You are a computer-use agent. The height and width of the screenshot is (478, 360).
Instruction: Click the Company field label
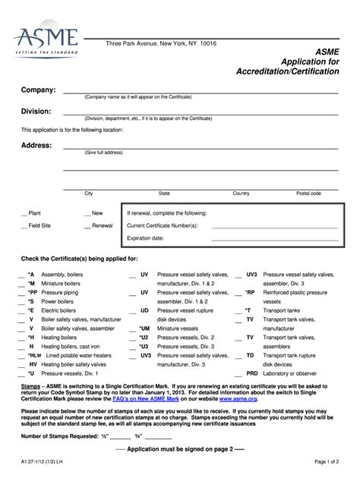[38, 90]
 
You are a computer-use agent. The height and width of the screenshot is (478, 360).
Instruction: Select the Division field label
[36, 112]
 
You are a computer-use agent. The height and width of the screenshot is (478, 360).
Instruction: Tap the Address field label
[36, 145]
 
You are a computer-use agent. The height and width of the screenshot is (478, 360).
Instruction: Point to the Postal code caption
[308, 193]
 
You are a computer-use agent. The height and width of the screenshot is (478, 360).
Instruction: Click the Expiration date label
[145, 237]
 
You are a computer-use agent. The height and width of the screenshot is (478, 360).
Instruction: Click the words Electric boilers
[61, 310]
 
